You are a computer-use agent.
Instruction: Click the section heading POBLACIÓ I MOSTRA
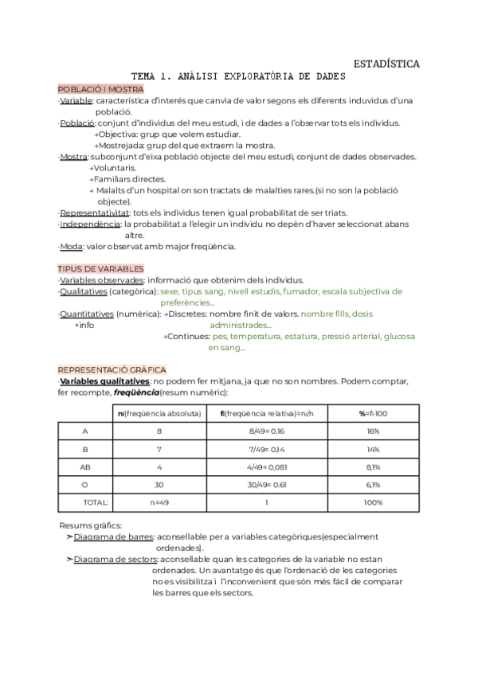(100, 89)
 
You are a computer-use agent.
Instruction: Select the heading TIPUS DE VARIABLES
(100, 268)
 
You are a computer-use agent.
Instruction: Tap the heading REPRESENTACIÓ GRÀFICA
(112, 369)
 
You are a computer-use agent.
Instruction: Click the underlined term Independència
(90, 224)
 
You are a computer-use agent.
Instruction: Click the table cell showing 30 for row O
(159, 484)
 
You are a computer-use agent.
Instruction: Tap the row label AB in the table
(85, 466)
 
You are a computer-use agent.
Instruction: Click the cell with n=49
(159, 502)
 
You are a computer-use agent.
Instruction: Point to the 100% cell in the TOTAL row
(373, 502)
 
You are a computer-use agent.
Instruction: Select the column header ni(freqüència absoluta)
(159, 412)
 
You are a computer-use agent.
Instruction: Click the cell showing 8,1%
(373, 466)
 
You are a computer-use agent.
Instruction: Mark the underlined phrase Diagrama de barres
(110, 536)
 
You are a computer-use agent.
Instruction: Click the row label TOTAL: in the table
(96, 502)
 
